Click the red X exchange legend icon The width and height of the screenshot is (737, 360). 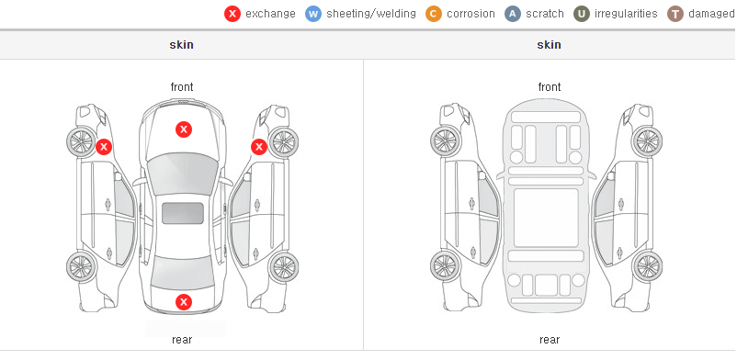tap(232, 14)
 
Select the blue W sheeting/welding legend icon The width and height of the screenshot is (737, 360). tap(313, 14)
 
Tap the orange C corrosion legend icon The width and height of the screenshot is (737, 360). tap(434, 14)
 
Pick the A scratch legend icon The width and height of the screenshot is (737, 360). tap(513, 14)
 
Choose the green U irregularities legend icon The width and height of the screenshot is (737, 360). tap(582, 14)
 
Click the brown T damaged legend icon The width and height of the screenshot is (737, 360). tap(675, 14)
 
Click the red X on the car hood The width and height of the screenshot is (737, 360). tap(184, 129)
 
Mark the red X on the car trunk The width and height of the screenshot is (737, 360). tap(184, 302)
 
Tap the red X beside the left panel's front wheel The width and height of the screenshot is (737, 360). tap(104, 147)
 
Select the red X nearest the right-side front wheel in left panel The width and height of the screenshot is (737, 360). tap(259, 147)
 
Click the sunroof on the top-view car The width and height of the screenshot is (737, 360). tap(183, 213)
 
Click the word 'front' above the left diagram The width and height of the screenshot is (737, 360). tap(182, 87)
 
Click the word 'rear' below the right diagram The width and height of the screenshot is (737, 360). tap(550, 340)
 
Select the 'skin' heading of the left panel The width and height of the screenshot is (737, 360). tap(181, 45)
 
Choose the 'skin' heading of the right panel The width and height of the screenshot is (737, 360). tap(549, 45)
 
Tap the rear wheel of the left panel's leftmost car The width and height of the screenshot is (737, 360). tap(81, 266)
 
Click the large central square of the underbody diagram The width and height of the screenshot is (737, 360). tap(546, 218)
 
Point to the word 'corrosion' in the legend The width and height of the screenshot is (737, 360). tap(471, 14)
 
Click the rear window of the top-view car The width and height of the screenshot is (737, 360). tap(182, 271)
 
